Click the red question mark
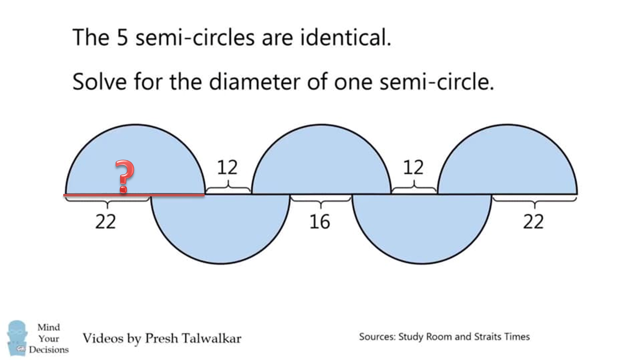tap(124, 176)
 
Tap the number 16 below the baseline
tap(320, 222)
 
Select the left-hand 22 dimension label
tap(105, 222)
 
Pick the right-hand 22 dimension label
tap(533, 222)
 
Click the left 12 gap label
tap(227, 167)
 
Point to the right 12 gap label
tap(413, 167)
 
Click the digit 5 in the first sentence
tap(122, 38)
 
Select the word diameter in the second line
tap(254, 82)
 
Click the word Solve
tap(100, 82)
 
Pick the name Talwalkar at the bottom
tap(212, 339)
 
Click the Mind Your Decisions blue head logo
tap(17, 338)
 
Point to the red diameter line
tap(134, 195)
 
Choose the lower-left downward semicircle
tap(221, 229)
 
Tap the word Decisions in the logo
tap(49, 350)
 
